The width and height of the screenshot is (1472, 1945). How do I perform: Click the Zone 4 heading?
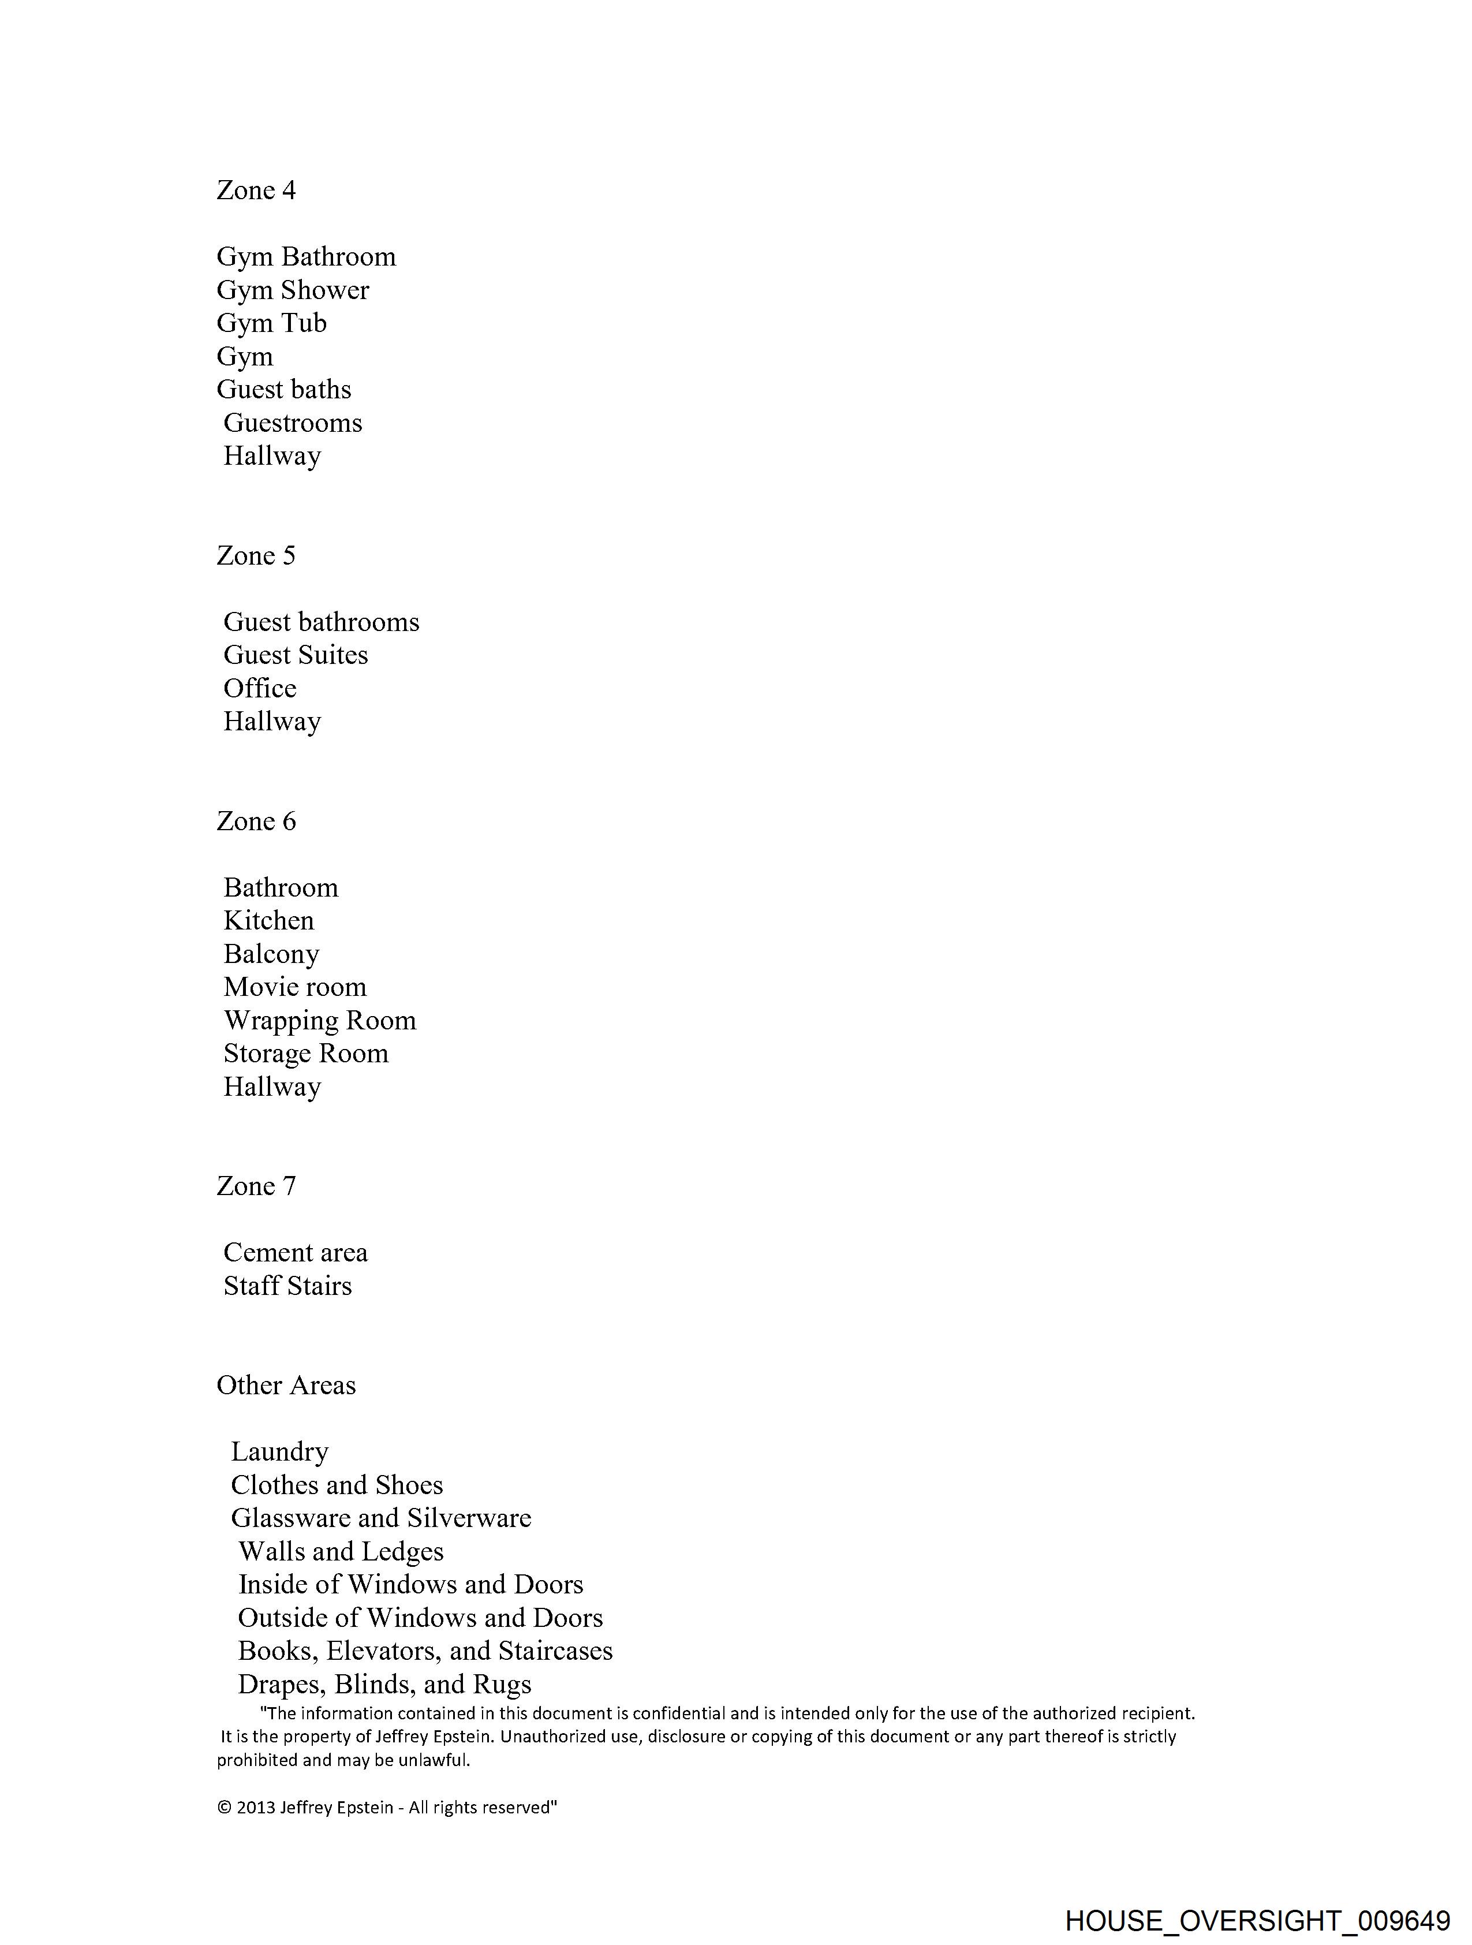(256, 190)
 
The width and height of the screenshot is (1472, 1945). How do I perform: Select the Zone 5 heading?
(256, 556)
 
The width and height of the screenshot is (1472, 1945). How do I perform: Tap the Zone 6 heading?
(256, 822)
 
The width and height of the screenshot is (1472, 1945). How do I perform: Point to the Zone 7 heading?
(256, 1186)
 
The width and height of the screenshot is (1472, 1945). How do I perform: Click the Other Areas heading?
(286, 1385)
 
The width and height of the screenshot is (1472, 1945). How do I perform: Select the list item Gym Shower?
(293, 290)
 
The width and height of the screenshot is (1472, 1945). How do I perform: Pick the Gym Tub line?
(272, 323)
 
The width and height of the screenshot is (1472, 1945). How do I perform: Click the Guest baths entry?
(284, 390)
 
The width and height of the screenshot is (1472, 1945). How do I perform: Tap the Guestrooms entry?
(293, 423)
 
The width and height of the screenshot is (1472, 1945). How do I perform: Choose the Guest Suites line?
(296, 655)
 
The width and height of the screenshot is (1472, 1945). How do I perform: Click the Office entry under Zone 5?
(260, 689)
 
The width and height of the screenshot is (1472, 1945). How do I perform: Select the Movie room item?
(294, 987)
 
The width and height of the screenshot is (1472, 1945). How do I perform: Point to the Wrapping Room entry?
(319, 1020)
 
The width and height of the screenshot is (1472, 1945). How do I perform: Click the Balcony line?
(271, 954)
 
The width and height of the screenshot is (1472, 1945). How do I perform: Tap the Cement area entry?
(296, 1252)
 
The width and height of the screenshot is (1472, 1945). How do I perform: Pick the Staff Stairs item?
(287, 1286)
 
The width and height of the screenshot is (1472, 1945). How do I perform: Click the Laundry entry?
(279, 1452)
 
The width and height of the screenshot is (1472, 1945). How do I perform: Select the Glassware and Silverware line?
(381, 1518)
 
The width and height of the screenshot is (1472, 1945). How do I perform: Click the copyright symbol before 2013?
(224, 1808)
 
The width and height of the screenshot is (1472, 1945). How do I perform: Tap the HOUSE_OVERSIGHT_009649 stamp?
(1257, 1920)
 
